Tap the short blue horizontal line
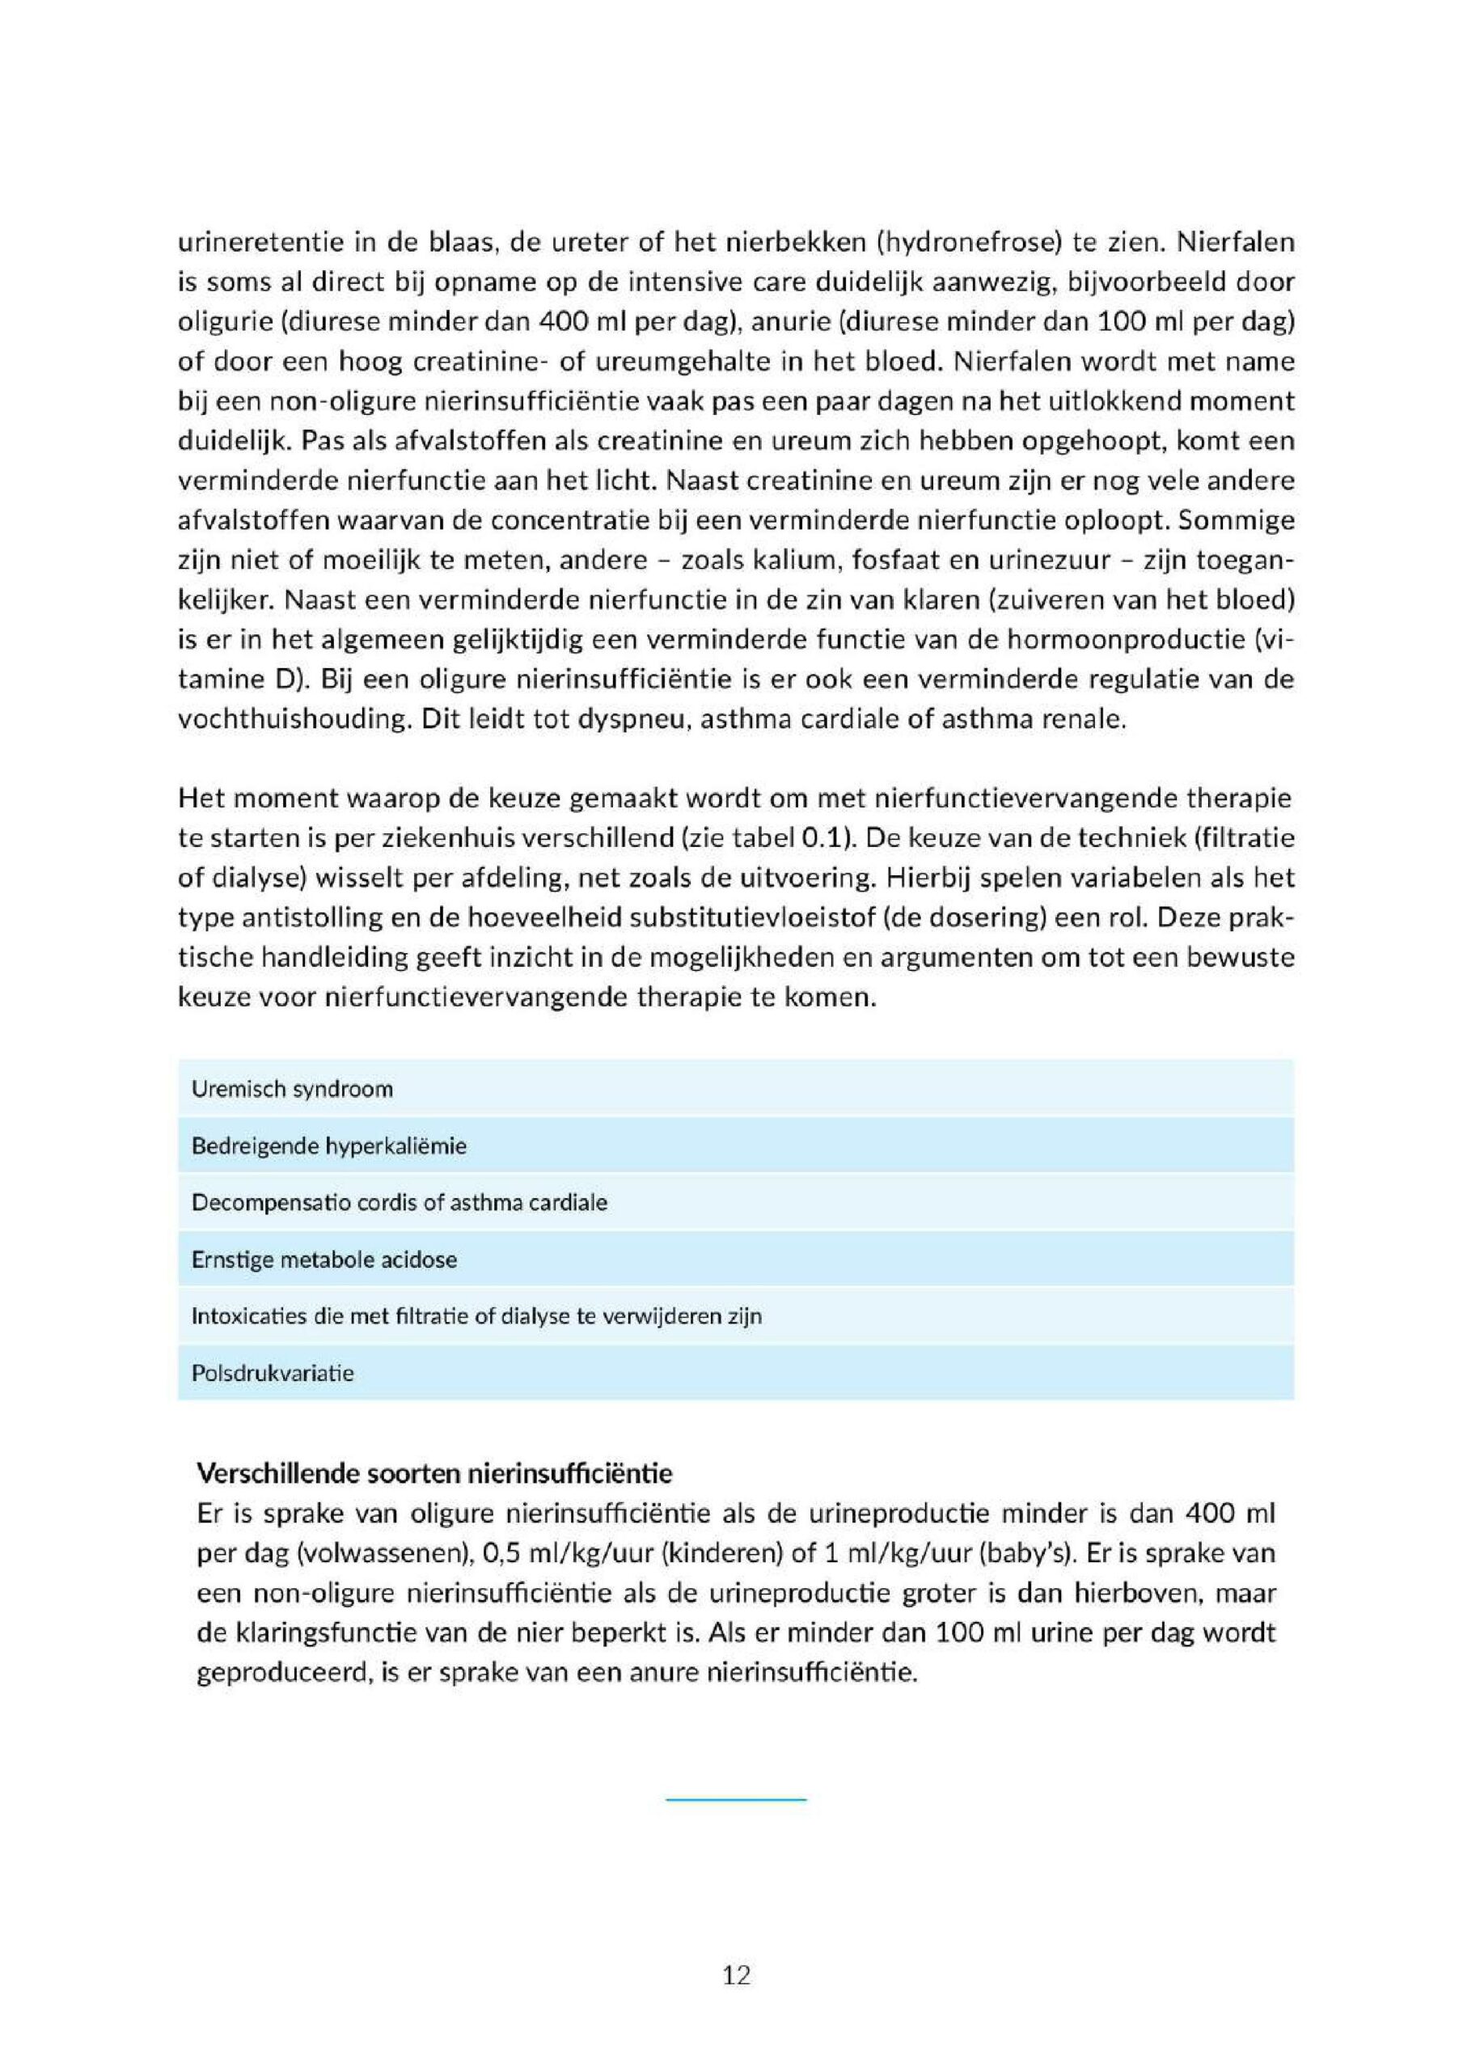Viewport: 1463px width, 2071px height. [x=736, y=1799]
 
